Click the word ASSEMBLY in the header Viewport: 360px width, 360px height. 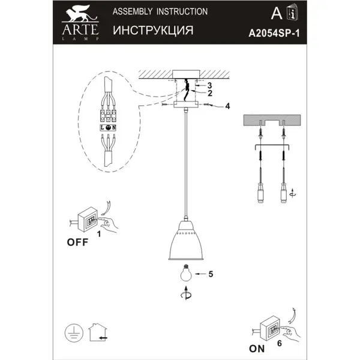[x=133, y=11]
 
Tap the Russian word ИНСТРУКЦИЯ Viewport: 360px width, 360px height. [x=153, y=31]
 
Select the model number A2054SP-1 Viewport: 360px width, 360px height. [x=274, y=34]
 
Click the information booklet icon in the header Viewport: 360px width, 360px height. [x=292, y=12]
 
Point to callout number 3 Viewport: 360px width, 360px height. [x=209, y=85]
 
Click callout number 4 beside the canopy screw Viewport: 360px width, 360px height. [x=227, y=106]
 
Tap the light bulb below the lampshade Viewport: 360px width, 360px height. [x=186, y=272]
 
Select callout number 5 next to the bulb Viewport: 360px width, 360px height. [x=211, y=274]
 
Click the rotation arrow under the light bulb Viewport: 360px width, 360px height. [x=186, y=293]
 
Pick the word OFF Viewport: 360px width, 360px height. [x=77, y=242]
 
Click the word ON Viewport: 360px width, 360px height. [x=257, y=349]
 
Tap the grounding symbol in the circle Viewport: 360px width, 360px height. [x=74, y=333]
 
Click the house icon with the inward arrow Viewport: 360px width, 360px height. [x=98, y=332]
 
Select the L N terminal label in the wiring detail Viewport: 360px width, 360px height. [x=108, y=128]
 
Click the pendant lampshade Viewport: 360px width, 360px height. [x=186, y=241]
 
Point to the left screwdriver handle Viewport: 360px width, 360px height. [x=260, y=193]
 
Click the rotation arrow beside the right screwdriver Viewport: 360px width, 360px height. [x=293, y=193]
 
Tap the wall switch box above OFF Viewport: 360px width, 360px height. [x=88, y=220]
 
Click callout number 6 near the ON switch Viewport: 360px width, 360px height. [x=280, y=343]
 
